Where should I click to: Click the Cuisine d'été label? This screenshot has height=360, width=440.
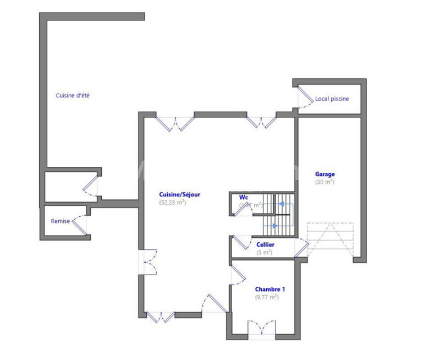coord(73,95)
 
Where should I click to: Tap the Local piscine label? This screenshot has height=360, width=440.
coord(332,99)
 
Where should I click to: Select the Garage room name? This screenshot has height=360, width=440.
coord(324,174)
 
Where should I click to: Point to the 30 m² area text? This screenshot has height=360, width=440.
coord(324,182)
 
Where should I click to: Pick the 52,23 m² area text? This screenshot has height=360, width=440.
coord(172,202)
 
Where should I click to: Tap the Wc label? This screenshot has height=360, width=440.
coord(244,197)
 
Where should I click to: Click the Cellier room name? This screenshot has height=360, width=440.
coord(265,244)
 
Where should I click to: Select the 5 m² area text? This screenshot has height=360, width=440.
coord(265,253)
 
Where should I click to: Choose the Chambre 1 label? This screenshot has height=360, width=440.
coord(270,288)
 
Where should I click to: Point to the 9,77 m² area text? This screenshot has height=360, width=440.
coord(267,297)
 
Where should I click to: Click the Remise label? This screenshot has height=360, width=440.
coord(60,221)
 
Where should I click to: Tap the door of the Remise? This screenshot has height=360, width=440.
coord(81,222)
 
